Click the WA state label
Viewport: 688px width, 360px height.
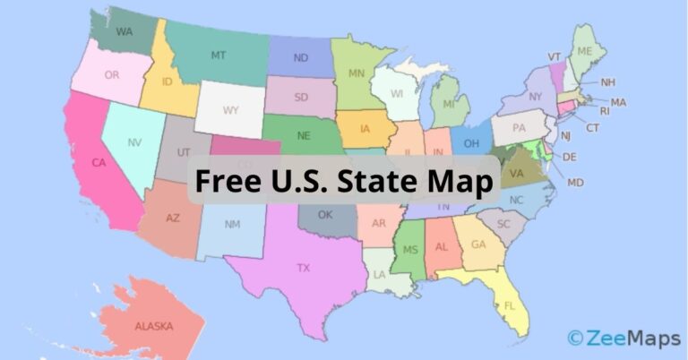coord(125,31)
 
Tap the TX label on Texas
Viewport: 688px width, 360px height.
coord(305,267)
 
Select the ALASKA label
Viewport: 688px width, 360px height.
coord(153,327)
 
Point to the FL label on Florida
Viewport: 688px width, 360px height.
coord(510,305)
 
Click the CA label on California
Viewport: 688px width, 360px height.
coord(100,163)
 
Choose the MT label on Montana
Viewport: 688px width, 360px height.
coord(219,55)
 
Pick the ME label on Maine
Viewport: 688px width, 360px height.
coord(585,51)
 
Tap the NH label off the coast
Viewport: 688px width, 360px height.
coord(608,82)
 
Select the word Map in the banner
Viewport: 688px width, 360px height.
coord(462,183)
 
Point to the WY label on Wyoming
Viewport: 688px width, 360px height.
coord(230,110)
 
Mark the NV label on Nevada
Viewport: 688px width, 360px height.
coord(134,142)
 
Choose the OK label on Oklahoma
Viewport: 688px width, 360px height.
coord(325,215)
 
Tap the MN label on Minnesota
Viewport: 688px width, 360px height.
coord(357,73)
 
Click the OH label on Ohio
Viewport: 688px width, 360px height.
coord(470,141)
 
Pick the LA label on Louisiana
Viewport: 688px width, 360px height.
coord(379,274)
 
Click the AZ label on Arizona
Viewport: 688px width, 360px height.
coord(173,218)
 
